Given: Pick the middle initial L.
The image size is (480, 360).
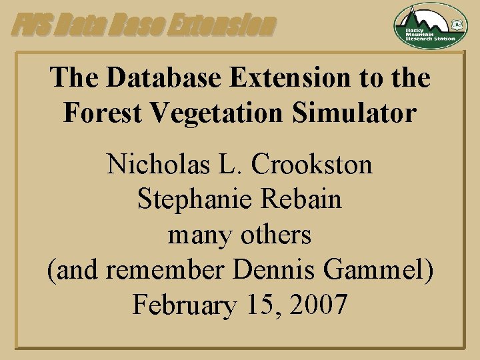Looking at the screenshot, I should [219, 164].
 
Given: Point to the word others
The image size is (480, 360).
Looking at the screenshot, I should [276, 235].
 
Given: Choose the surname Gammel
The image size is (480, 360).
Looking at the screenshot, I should [371, 270].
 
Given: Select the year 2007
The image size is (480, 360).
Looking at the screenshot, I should [317, 305].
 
